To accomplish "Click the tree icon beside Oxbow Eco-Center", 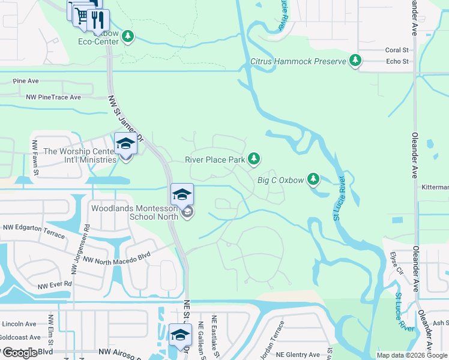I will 127,37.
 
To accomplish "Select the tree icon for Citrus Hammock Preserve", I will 356,61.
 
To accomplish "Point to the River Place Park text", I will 215,160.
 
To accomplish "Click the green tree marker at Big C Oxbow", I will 313,179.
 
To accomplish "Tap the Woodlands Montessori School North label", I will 134,212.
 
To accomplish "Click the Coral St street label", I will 397,50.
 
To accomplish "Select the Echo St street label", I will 397,61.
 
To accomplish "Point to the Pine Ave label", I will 26,81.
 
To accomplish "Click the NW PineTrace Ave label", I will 53,97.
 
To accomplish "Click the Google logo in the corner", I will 19,353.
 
